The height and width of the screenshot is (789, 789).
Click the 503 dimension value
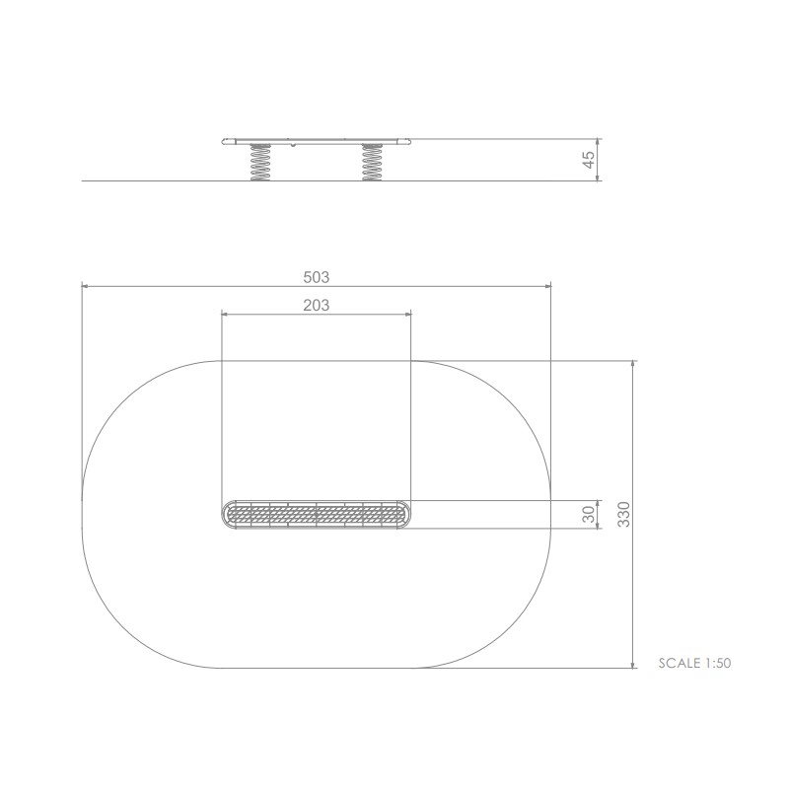(x=316, y=277)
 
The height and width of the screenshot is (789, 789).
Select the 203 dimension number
(x=316, y=305)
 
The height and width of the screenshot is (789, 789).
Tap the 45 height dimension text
(x=588, y=160)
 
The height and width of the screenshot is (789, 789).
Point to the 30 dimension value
(x=588, y=514)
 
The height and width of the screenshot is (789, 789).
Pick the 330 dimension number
(x=623, y=514)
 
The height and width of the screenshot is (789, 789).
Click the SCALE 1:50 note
(x=694, y=663)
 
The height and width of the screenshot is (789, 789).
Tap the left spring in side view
(x=260, y=163)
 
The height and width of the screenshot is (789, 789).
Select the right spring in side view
(x=372, y=163)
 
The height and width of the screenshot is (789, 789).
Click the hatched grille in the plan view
(x=316, y=515)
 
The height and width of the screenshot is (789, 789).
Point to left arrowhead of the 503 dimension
(x=85, y=286)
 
